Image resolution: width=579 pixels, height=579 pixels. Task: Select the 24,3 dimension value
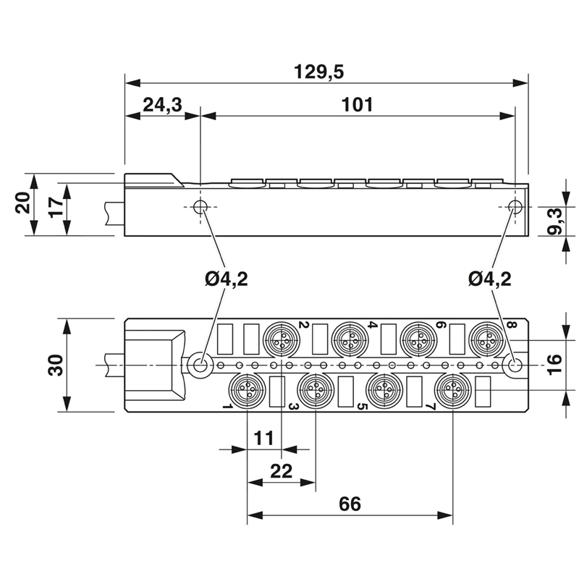tap(161, 105)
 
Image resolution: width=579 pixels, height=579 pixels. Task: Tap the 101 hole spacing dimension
tap(358, 105)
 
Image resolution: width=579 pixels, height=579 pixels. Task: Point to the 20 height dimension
tap(22, 204)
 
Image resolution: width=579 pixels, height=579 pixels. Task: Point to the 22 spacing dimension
tap(281, 471)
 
